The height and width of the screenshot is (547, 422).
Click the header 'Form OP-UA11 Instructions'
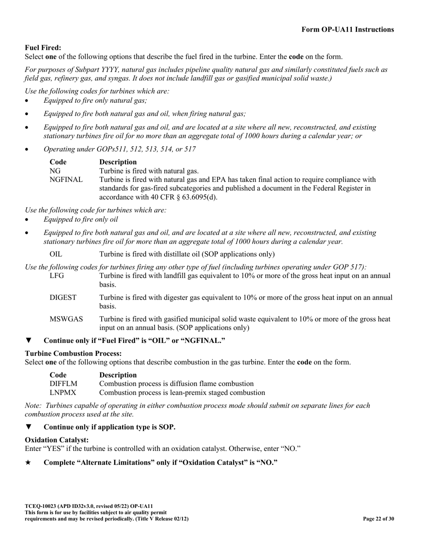click(347, 30)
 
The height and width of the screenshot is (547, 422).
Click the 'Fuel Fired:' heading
click(43, 48)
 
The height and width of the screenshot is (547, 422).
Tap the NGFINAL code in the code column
click(66, 180)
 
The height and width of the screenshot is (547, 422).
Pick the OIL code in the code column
click(56, 254)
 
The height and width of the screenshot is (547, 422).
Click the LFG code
click(57, 276)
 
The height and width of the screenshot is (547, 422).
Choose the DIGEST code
click(63, 298)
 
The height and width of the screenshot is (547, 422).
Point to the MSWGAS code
click(66, 319)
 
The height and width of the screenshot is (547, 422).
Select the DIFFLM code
click(64, 383)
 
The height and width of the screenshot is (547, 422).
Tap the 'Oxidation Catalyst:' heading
click(57, 439)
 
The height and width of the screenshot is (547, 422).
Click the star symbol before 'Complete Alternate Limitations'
click(28, 463)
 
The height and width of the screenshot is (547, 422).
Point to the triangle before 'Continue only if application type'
click(28, 427)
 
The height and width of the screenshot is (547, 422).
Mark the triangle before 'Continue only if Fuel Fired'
click(28, 341)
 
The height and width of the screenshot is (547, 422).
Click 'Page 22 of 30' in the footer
click(378, 519)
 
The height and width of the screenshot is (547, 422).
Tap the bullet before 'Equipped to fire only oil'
click(26, 220)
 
